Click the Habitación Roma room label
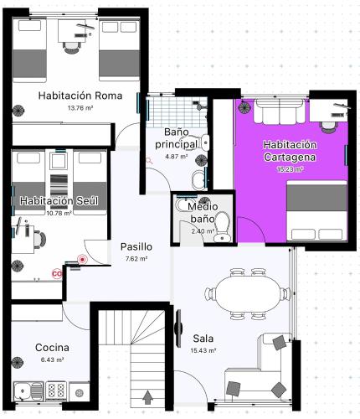[80, 96]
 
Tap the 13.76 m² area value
[80, 108]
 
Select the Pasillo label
[136, 246]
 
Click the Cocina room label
[52, 348]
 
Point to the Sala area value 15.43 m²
[203, 350]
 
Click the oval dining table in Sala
[249, 294]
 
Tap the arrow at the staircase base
[147, 398]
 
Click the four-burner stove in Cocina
[56, 390]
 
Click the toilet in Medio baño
[223, 226]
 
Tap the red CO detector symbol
[57, 274]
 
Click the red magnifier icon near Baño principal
[150, 161]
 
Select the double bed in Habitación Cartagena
[316, 210]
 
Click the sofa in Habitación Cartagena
[279, 111]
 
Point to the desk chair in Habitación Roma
[71, 48]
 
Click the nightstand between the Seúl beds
[59, 161]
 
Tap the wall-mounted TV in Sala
[179, 328]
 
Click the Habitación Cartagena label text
[290, 151]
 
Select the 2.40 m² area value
[203, 231]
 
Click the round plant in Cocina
[18, 363]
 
